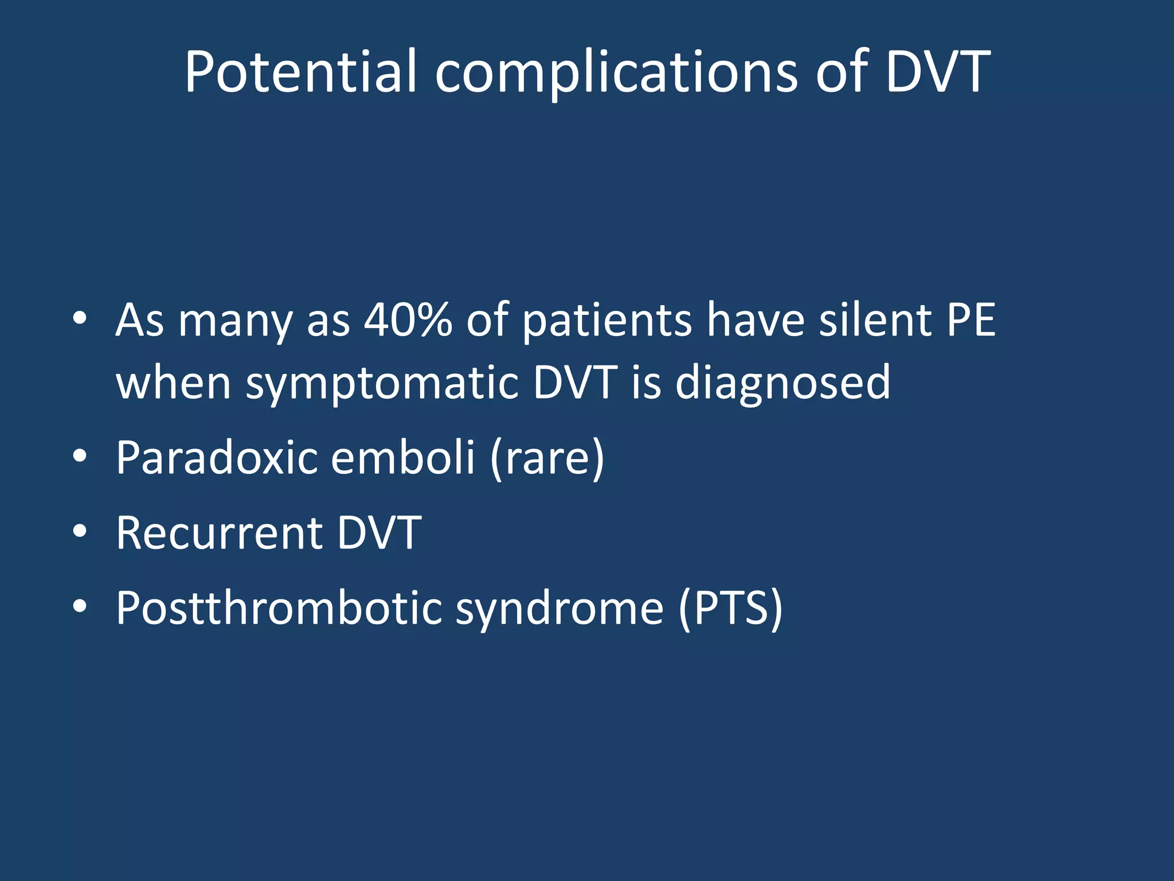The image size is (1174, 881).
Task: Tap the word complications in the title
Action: click(616, 73)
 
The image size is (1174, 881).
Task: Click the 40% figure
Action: click(408, 319)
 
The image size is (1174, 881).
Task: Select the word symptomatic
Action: click(382, 383)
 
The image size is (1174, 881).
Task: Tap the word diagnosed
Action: click(782, 383)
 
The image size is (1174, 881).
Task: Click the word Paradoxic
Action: click(217, 457)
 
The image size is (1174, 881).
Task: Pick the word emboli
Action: click(403, 457)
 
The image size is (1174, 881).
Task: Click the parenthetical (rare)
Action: click(547, 458)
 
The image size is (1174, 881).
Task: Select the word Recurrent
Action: click(220, 532)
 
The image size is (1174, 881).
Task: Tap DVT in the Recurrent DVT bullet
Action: click(379, 532)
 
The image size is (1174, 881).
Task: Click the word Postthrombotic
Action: click(279, 607)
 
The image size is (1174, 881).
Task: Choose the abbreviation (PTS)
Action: click(730, 609)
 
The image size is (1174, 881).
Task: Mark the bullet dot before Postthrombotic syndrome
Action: click(80, 606)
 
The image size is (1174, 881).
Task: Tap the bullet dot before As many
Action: click(80, 318)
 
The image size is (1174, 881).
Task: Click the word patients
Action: click(607, 321)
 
